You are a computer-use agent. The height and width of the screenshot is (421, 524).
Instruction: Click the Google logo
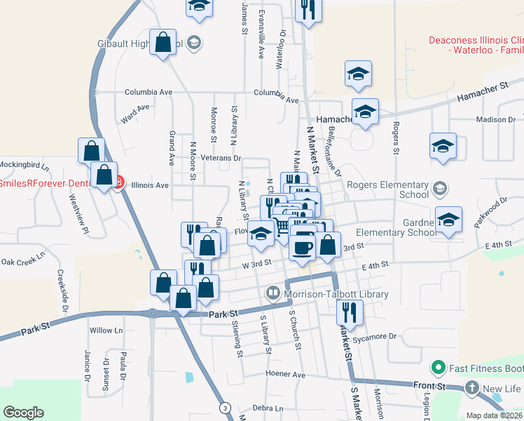coord(23,413)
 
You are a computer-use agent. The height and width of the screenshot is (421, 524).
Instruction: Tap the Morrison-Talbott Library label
coord(336,294)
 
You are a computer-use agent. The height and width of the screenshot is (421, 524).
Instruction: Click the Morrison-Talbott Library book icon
coord(273,293)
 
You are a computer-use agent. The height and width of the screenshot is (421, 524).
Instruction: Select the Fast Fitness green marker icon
coord(439,368)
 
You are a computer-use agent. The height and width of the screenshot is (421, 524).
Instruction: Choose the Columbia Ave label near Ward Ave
coord(149,92)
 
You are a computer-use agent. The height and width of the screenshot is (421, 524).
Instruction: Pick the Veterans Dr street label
coord(223,159)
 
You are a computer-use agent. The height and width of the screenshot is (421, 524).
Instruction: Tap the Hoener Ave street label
coord(286,375)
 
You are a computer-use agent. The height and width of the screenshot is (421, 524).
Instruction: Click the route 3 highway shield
coord(224,407)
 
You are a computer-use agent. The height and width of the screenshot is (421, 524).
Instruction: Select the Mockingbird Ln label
coord(25,167)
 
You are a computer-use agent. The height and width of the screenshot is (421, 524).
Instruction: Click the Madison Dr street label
coord(495,120)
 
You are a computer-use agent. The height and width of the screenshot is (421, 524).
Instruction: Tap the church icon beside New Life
coord(472,388)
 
